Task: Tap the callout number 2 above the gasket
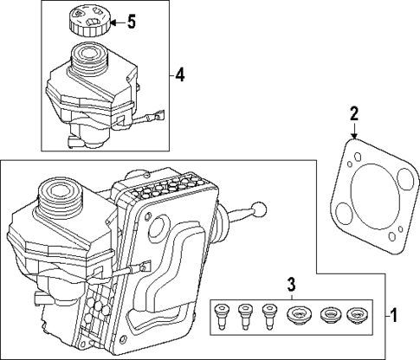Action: [x=354, y=112]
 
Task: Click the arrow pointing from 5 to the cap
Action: [x=112, y=21]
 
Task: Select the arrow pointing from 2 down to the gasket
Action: [x=354, y=131]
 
